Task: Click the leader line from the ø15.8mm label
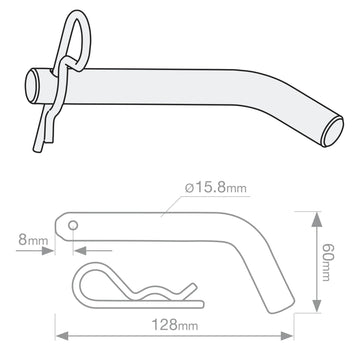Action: click(175, 202)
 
